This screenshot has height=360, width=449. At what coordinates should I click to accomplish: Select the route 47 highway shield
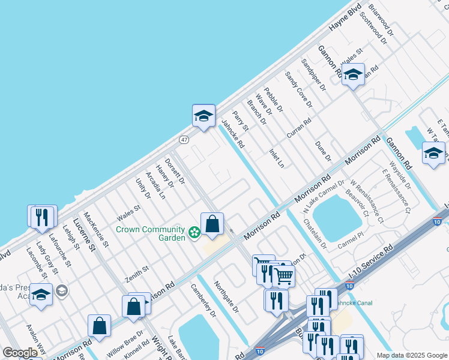click(184, 139)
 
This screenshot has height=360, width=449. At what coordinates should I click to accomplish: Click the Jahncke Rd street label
click(233, 134)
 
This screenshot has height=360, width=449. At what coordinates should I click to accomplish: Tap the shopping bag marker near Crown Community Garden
click(212, 225)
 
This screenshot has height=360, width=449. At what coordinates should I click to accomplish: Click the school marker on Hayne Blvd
click(203, 116)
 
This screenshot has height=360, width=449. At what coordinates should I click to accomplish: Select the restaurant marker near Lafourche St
click(41, 217)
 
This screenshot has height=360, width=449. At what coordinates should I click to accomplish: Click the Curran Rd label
click(298, 128)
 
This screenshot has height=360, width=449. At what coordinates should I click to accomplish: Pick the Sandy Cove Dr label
click(298, 89)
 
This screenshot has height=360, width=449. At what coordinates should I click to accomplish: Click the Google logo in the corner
click(20, 353)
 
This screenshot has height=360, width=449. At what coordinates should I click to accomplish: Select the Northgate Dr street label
click(227, 297)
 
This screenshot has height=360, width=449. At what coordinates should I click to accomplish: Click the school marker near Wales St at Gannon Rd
click(353, 75)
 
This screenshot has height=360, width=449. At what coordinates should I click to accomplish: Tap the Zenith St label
click(136, 275)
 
